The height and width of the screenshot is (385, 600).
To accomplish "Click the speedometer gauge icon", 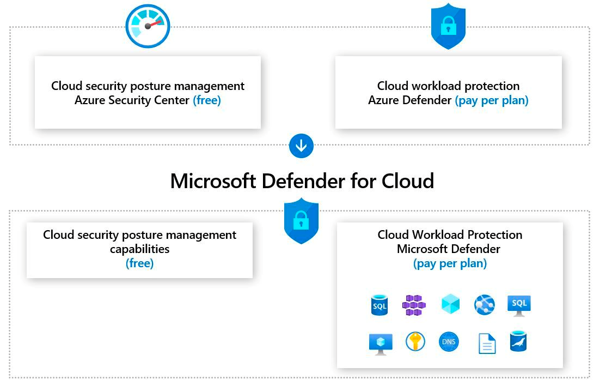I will [x=148, y=26].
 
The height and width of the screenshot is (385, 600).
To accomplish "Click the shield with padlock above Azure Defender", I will [x=448, y=26].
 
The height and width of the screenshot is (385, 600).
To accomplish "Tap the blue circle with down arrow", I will [x=301, y=146].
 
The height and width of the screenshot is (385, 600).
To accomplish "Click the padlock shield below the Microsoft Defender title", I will [x=301, y=221].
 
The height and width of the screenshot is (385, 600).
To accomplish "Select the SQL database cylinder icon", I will [x=379, y=305].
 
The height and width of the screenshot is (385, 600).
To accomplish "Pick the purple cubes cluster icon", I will [x=414, y=305].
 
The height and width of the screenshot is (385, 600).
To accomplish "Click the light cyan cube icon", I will [x=450, y=304].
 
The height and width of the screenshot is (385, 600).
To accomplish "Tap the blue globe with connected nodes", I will [x=485, y=304].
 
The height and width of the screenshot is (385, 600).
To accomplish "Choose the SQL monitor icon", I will [x=518, y=305].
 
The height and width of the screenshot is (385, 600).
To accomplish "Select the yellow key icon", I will [x=415, y=342].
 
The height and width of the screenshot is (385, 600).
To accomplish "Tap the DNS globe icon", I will [x=449, y=342].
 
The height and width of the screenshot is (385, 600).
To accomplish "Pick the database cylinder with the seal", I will [x=518, y=341].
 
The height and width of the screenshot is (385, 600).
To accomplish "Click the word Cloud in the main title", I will [x=407, y=181].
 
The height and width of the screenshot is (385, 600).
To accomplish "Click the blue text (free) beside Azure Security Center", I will [x=207, y=100].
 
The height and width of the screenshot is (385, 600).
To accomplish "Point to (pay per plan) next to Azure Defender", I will [x=492, y=100].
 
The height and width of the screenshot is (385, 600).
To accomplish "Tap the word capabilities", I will [x=139, y=249].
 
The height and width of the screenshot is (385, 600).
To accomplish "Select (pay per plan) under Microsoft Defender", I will [x=450, y=263].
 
